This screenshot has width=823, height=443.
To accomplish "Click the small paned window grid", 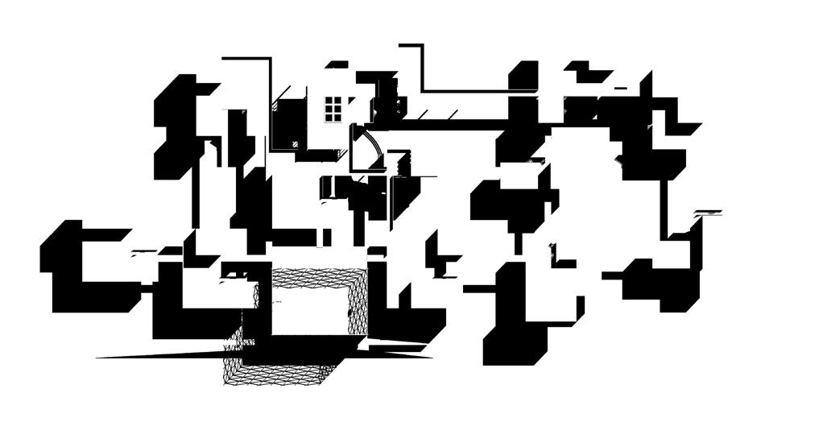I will (x=333, y=109).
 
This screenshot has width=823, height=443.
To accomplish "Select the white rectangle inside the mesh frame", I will (x=310, y=310).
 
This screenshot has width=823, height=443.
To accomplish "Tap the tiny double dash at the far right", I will (x=708, y=213).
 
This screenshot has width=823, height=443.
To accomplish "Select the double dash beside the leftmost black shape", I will (x=145, y=252).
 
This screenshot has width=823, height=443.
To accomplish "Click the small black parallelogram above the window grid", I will (x=337, y=64).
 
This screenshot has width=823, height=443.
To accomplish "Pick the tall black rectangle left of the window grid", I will (x=284, y=125).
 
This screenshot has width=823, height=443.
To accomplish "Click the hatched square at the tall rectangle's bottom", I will (x=295, y=144).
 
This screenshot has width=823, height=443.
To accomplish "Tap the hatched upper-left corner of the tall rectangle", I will (x=276, y=104).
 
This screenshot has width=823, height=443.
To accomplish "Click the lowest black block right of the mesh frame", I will (x=515, y=342).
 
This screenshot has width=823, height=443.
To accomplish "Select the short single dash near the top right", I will (x=621, y=87).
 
